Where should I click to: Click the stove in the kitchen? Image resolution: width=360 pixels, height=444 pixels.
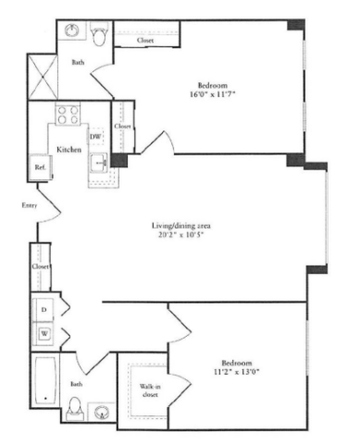[x=68, y=115]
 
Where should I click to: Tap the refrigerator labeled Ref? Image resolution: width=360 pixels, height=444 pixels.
[x=40, y=167]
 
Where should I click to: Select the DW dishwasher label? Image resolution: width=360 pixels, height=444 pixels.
[x=95, y=136]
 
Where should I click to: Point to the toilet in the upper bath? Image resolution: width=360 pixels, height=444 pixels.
[x=99, y=34]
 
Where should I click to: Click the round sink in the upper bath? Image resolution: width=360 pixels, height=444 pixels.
[x=71, y=31]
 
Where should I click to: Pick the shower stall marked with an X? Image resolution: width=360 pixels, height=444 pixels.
[x=43, y=77]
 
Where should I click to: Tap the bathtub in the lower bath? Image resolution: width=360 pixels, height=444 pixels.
[x=45, y=380]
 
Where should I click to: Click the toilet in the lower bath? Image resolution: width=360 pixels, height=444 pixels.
[x=75, y=409]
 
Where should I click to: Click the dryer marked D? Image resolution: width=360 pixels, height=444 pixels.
[x=43, y=309]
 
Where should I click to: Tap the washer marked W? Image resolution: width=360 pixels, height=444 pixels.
[x=44, y=333]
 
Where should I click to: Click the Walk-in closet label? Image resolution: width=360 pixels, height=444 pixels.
[x=150, y=390]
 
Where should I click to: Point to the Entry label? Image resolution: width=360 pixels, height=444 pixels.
[x=30, y=205]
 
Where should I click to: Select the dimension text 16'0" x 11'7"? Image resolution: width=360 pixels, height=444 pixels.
[x=213, y=94]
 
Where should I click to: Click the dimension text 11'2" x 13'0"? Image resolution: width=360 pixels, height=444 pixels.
[x=236, y=372]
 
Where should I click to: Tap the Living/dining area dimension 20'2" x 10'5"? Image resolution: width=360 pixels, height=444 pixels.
[x=181, y=235]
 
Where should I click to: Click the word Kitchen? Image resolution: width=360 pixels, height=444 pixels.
[x=68, y=150]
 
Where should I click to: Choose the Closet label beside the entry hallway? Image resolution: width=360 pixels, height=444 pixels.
[x=41, y=266]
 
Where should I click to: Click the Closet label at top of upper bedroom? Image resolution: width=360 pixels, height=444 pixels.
[x=145, y=41]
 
